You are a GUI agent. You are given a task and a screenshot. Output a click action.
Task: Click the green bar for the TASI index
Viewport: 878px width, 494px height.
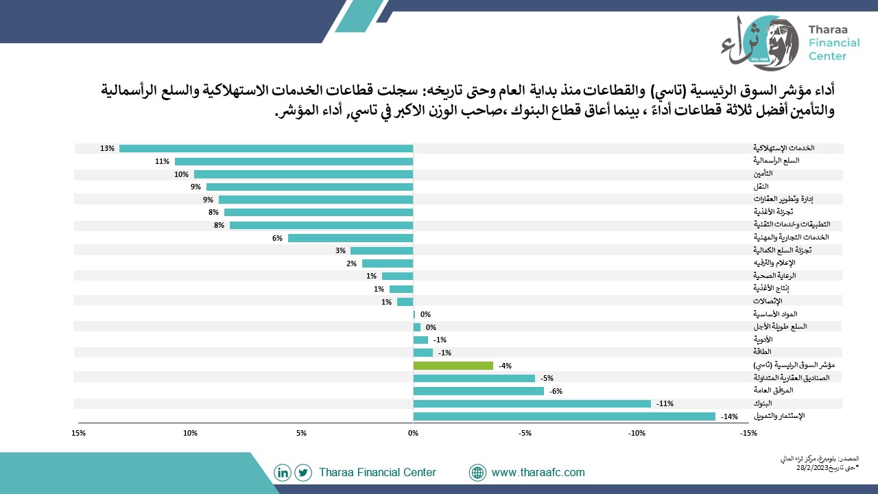[x=453, y=366]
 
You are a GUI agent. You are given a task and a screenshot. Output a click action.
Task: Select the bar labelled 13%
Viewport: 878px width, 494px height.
[x=266, y=148]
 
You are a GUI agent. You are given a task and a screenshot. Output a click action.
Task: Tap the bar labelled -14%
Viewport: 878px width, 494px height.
[x=565, y=416]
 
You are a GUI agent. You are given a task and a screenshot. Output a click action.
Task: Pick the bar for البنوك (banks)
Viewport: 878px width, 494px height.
[x=532, y=403]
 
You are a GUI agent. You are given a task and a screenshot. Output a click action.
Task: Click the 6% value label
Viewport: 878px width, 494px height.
[x=278, y=238]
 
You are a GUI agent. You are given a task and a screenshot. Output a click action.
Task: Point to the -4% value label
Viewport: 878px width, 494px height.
[x=506, y=366]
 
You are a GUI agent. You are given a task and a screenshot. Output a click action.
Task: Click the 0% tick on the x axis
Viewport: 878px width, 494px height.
[x=413, y=433]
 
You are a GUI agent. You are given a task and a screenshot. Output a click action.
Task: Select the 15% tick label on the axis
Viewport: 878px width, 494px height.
[x=78, y=433]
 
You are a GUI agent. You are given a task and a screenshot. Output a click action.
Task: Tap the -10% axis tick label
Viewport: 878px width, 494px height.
[x=637, y=433]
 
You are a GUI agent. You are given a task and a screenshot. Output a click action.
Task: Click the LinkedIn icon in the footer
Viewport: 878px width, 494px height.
[x=282, y=473]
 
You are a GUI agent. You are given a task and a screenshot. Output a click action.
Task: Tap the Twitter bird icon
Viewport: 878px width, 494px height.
[x=303, y=473]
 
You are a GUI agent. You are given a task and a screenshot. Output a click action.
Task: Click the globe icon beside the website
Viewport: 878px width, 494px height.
[x=477, y=473]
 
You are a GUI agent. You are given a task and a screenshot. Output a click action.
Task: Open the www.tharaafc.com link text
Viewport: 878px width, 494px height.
[x=538, y=473]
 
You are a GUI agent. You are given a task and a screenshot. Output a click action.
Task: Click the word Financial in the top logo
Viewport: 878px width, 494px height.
[x=834, y=43]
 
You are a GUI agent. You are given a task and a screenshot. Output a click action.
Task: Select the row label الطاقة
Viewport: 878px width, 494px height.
[x=762, y=352]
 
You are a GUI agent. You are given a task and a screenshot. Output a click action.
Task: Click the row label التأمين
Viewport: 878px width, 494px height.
[x=763, y=174]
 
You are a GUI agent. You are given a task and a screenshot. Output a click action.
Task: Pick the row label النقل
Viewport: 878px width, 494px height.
[x=761, y=186]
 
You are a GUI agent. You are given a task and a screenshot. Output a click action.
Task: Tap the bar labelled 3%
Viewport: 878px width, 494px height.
[x=382, y=250]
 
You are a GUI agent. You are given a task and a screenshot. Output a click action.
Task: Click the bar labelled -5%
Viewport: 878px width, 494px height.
[x=474, y=378]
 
